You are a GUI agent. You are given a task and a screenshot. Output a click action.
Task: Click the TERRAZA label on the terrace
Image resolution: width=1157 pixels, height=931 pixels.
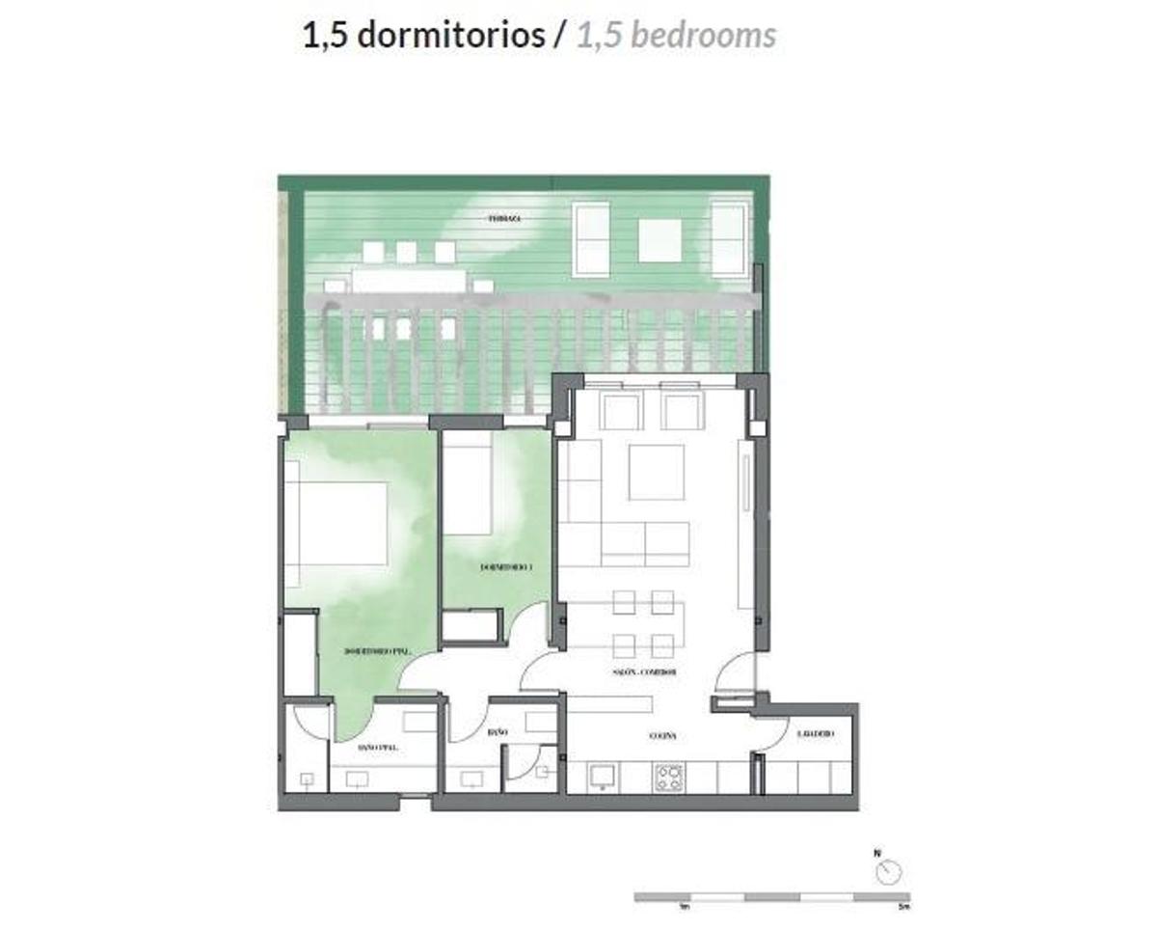(x=504, y=219)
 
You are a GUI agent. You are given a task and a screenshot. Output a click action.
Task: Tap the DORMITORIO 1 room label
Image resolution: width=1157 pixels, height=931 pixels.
(x=506, y=568)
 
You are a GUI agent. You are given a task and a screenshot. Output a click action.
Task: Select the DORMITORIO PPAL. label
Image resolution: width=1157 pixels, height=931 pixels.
(x=378, y=652)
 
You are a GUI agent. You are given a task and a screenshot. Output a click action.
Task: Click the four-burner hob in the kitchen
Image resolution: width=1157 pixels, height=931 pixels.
(x=669, y=777)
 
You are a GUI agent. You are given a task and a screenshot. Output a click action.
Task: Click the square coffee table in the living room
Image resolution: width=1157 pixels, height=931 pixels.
(x=656, y=472)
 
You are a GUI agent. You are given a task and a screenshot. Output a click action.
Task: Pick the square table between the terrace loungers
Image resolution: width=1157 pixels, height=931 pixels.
(x=659, y=240)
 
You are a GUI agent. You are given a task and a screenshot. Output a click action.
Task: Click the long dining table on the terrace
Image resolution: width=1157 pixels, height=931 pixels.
(x=409, y=281)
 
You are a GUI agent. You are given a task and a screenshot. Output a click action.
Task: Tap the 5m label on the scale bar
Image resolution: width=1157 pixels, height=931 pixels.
(x=902, y=907)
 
